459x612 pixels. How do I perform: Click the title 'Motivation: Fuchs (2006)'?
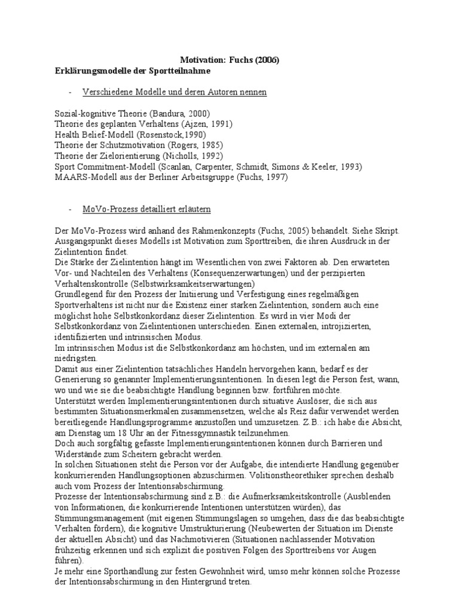click(x=230, y=60)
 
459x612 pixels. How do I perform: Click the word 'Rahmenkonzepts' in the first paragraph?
click(x=208, y=230)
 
